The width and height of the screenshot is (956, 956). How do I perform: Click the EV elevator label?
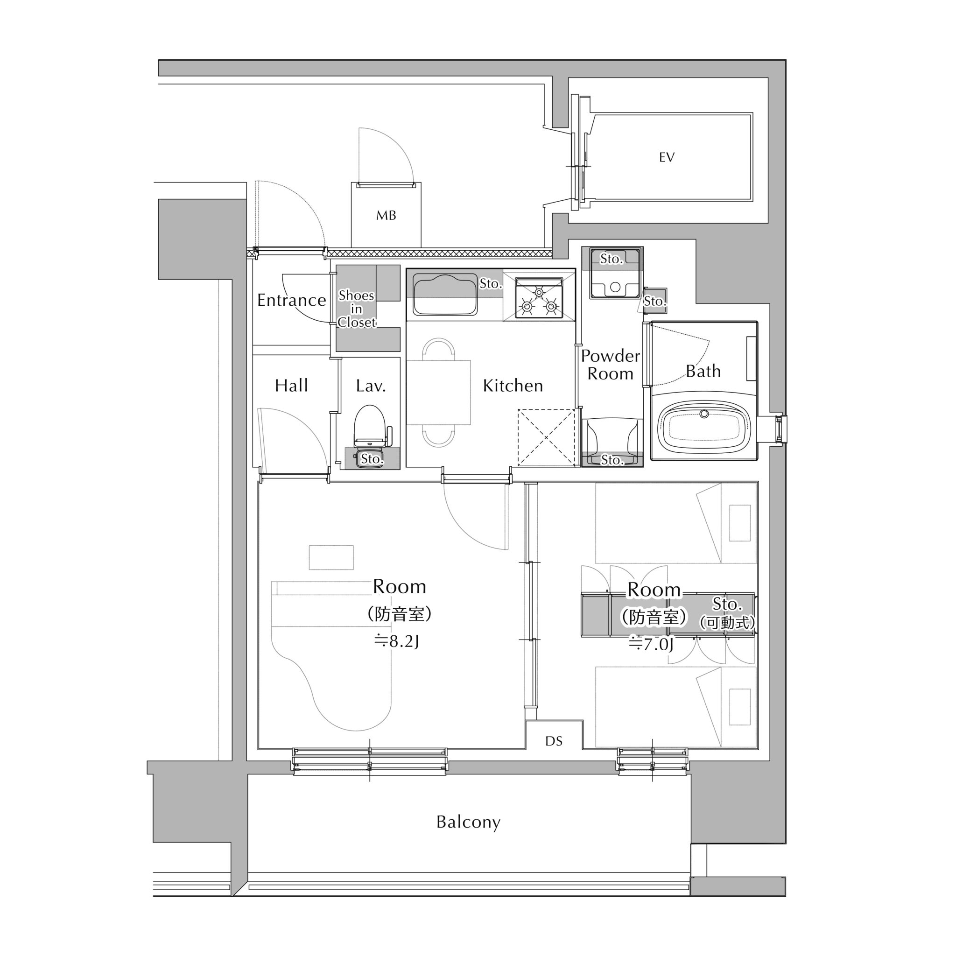click(x=667, y=157)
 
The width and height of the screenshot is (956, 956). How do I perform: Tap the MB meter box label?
click(x=386, y=215)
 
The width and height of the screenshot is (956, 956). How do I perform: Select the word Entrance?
click(x=291, y=300)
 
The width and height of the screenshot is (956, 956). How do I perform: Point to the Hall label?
click(x=291, y=386)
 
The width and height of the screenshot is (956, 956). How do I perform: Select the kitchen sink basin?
click(x=445, y=295)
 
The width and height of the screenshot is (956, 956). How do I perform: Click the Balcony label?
click(x=468, y=822)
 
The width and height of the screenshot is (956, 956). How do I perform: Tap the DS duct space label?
click(x=554, y=741)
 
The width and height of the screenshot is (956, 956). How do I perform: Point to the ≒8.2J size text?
click(x=397, y=642)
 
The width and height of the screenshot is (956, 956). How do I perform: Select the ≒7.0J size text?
click(x=651, y=644)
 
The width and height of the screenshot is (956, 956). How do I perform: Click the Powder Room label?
click(x=610, y=365)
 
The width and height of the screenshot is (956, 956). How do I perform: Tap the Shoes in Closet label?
click(x=357, y=309)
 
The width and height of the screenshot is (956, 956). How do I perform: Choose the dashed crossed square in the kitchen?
click(x=546, y=437)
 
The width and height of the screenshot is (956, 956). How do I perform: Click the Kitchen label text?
click(x=513, y=386)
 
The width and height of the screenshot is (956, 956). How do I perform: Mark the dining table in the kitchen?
click(x=438, y=393)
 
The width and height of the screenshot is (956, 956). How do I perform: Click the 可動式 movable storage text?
click(x=727, y=623)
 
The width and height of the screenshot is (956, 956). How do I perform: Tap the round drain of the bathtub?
click(x=704, y=414)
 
